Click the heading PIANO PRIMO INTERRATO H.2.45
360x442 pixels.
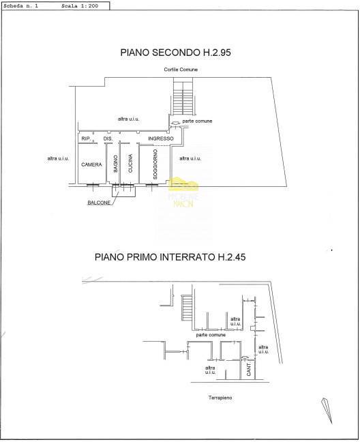[x=179, y=257]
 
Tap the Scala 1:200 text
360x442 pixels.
[x=80, y=5]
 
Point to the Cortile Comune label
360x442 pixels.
[x=180, y=70]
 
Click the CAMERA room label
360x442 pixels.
[x=91, y=165]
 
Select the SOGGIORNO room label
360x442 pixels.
[x=155, y=165]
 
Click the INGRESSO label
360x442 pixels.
[x=161, y=139]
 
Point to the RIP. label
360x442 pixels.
[x=86, y=139]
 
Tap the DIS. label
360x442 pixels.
[x=107, y=139]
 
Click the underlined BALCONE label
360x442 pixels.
[x=99, y=203]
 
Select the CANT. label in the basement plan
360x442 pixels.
[x=249, y=370]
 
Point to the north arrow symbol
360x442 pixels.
[x=326, y=410]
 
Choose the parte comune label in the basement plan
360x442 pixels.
[x=211, y=335]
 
